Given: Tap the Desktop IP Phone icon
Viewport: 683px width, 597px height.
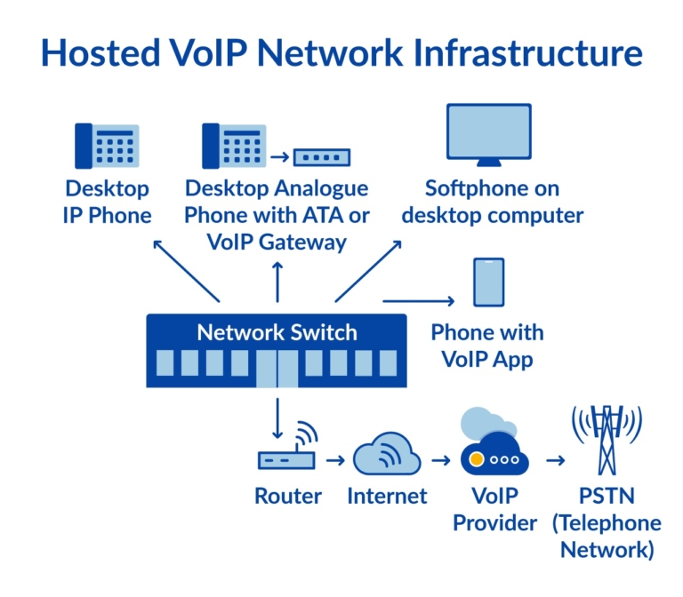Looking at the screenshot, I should click(x=107, y=146).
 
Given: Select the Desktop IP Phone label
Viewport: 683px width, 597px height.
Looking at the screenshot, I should click(x=107, y=202).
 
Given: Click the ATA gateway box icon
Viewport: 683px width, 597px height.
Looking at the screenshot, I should click(x=321, y=157).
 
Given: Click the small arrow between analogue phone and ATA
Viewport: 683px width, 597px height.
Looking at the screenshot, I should click(x=279, y=157).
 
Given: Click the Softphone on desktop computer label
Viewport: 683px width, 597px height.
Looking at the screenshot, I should click(x=503, y=202).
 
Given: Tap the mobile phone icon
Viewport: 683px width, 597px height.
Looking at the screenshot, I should click(x=488, y=283).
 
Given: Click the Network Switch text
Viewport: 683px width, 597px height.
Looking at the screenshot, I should click(x=277, y=333).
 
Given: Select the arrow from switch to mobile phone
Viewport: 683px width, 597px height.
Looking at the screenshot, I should click(x=418, y=301).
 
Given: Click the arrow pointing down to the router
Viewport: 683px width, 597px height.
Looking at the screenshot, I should click(x=277, y=418).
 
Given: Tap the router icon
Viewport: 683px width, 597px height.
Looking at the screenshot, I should click(x=287, y=453).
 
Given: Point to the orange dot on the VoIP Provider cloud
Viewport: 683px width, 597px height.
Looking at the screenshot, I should click(x=477, y=460).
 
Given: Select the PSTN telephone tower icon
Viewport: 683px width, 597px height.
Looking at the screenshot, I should click(x=607, y=439).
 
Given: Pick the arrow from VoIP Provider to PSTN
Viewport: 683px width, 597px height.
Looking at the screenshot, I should click(x=555, y=460).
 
